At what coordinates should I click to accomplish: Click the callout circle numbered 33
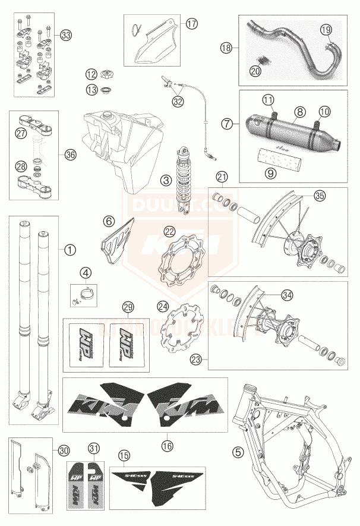pyautogui.click(x=65, y=36)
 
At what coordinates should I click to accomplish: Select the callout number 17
pyautogui.click(x=191, y=24)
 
